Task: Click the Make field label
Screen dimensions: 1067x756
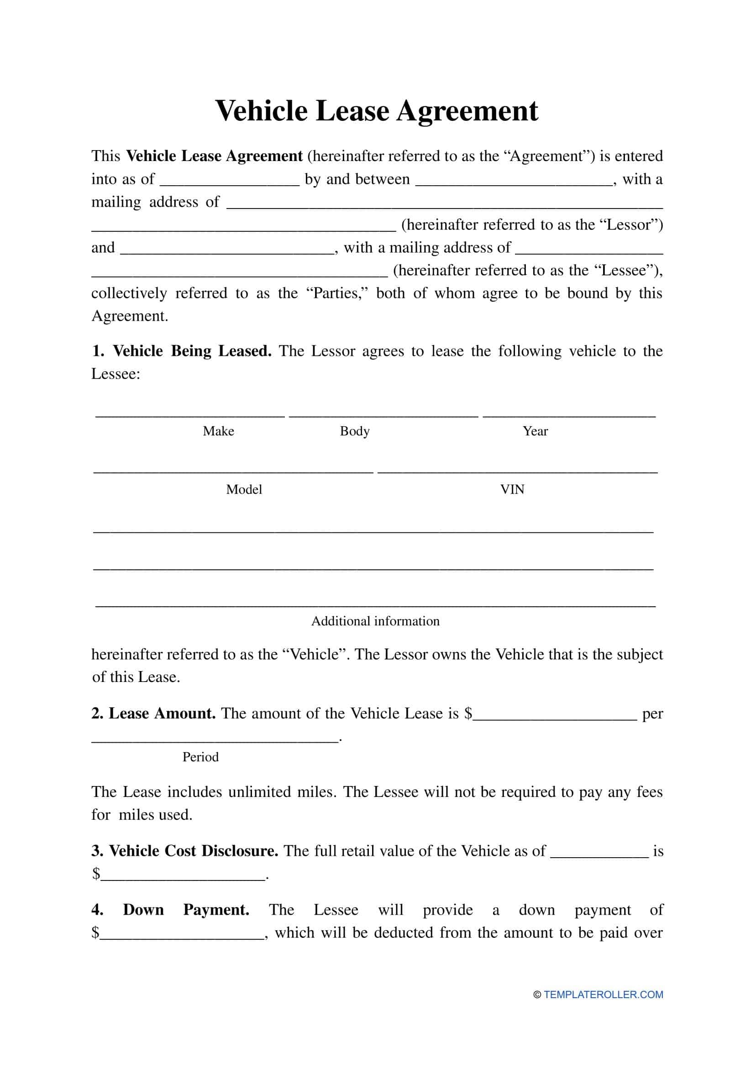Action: pos(218,431)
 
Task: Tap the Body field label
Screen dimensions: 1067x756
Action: pos(354,431)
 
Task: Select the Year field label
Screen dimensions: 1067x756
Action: pos(535,431)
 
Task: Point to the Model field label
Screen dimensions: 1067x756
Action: pos(244,489)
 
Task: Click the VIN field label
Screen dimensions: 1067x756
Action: pos(512,489)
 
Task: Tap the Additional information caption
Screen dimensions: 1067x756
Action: pos(375,621)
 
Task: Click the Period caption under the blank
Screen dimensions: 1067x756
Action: pos(200,757)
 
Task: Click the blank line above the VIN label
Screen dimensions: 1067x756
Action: pos(517,471)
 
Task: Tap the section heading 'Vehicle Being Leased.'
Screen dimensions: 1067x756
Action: pos(192,351)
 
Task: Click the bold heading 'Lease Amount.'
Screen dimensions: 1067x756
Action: pos(161,713)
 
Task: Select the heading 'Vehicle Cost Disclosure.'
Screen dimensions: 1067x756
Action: pos(193,851)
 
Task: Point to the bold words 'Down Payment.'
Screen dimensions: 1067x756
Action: pos(186,909)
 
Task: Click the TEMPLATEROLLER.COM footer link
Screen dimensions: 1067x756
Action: pos(603,994)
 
